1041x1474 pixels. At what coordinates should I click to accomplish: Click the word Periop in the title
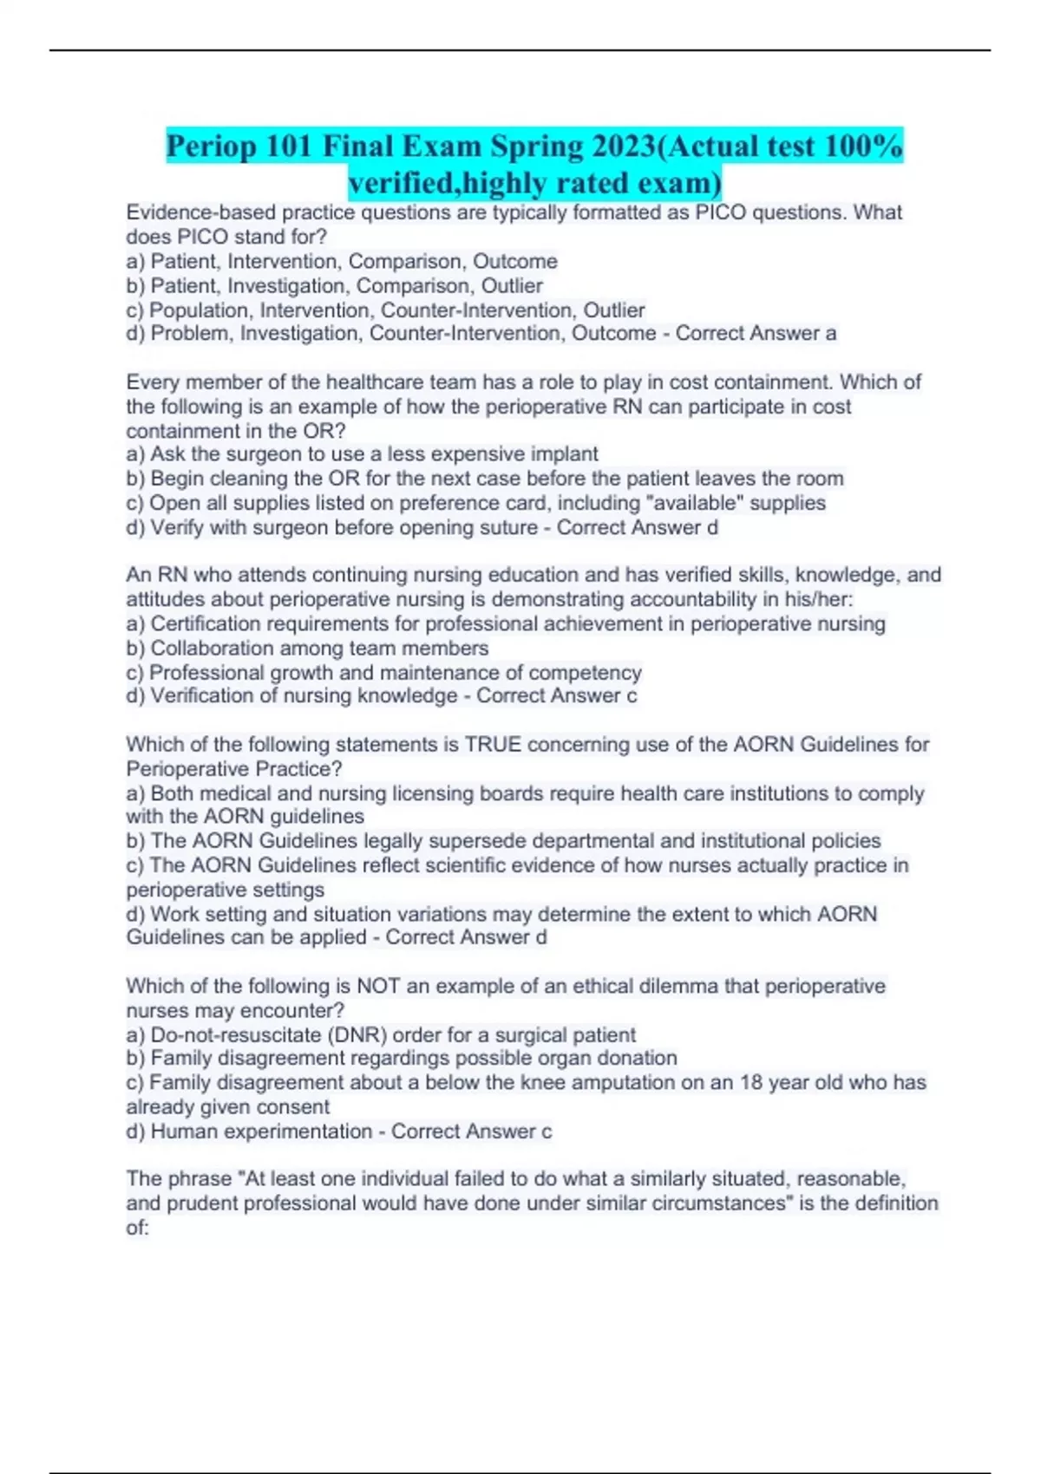click(x=212, y=147)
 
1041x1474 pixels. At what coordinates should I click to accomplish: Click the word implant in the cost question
click(x=566, y=454)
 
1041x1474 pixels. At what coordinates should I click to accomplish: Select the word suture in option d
click(x=508, y=527)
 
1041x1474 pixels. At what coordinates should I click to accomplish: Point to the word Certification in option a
click(x=206, y=623)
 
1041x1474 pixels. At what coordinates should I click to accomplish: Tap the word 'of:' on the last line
click(x=138, y=1228)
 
